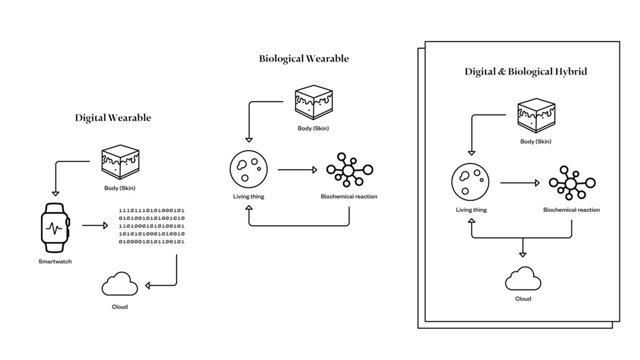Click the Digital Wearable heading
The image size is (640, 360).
point(113,118)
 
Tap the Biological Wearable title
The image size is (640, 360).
point(304,58)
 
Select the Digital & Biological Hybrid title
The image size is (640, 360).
point(525,72)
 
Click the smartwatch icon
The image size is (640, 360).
point(54,227)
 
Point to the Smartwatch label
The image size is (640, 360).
point(55,262)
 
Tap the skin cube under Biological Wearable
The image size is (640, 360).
point(313,102)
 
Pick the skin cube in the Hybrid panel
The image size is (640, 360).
point(535,116)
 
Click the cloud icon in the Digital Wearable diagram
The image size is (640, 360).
point(120,285)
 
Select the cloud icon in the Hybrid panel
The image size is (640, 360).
point(523,278)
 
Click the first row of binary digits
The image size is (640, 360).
point(152,210)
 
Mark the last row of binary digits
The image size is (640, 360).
point(152,241)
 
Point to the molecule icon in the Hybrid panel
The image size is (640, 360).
point(571,183)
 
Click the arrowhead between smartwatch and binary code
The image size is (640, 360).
point(105,226)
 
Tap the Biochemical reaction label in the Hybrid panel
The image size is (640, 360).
point(571,210)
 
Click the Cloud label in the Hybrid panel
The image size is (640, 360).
point(523,299)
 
